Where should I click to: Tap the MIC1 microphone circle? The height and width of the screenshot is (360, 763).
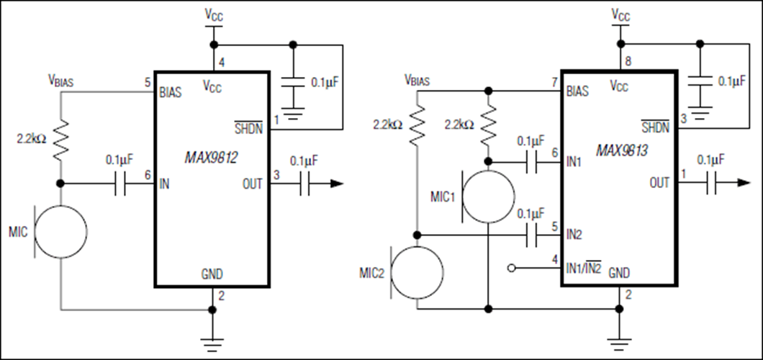tap(488, 196)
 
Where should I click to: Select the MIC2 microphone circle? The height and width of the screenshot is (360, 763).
tap(417, 272)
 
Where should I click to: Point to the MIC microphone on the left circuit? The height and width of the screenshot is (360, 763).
tap(61, 231)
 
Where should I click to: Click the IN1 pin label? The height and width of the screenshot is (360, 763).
tap(574, 163)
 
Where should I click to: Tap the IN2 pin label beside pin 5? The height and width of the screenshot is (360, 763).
tap(574, 234)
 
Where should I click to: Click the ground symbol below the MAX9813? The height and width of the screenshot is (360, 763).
tap(618, 339)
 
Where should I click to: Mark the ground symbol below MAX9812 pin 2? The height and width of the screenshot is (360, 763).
tap(212, 341)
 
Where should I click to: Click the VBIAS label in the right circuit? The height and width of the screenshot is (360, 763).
tap(417, 80)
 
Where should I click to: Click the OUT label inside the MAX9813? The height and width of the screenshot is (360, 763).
tap(659, 184)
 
